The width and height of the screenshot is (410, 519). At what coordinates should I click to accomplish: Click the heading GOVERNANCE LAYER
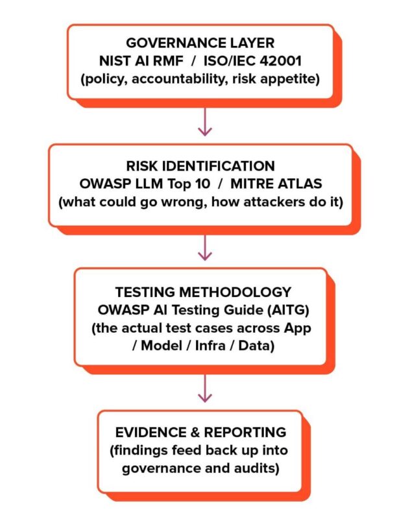200,43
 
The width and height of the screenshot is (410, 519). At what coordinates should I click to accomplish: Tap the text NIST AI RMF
141,61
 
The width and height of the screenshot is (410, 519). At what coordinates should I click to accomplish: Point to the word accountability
180,79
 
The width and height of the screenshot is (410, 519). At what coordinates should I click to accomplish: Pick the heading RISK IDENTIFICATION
200,166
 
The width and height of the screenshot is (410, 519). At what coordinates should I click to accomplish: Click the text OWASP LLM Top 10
145,184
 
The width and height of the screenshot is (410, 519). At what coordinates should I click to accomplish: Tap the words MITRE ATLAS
276,184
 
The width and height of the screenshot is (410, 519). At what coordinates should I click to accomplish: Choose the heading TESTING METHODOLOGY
203,293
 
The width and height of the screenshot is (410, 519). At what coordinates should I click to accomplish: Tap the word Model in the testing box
162,346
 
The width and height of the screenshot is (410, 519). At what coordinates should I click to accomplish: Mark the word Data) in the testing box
256,346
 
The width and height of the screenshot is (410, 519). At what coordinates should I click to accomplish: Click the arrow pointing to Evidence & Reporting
205,388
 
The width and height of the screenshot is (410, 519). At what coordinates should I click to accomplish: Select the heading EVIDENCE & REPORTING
201,433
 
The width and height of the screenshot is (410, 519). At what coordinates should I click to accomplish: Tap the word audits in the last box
255,468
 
